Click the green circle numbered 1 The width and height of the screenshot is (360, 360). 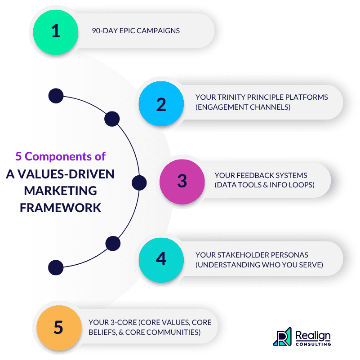point(56,32)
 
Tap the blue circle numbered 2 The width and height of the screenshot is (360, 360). point(161,104)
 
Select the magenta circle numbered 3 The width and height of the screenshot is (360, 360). point(182,182)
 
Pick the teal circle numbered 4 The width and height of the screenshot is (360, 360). point(161,260)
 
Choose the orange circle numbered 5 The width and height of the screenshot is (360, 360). point(59,328)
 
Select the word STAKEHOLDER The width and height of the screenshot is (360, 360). point(243,255)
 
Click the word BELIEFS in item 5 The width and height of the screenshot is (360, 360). point(102,333)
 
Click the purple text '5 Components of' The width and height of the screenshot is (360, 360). point(60,156)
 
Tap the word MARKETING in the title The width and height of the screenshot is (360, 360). point(60,191)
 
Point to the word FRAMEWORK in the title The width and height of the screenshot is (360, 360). point(60,208)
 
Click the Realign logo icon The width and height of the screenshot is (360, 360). point(282,337)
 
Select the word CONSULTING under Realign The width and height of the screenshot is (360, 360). point(313,344)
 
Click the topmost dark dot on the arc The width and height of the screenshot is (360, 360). point(56,96)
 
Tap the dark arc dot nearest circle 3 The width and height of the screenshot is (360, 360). point(139,183)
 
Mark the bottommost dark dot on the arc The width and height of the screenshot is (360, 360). point(56,267)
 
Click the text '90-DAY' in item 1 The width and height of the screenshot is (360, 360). point(105,31)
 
